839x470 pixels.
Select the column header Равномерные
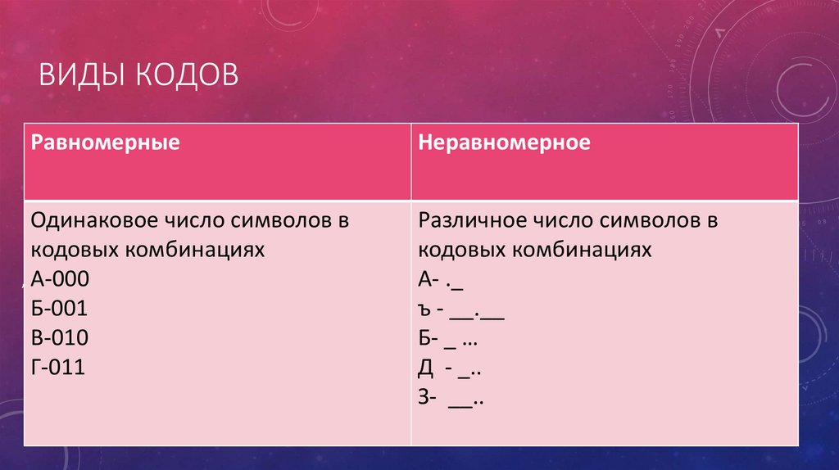106,142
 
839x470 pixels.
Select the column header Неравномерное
504,142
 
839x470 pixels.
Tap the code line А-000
60,280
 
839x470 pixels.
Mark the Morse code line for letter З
450,400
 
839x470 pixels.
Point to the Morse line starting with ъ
460,311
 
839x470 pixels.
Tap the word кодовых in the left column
68,250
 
